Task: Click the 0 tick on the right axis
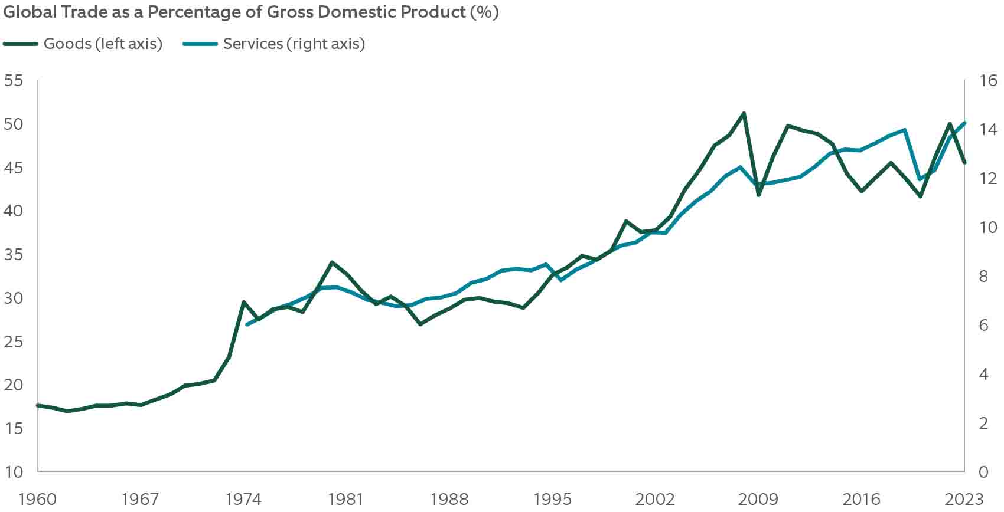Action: [x=983, y=471]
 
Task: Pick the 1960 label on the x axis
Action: [x=37, y=499]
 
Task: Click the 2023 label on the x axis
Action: [x=964, y=499]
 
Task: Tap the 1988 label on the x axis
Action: [x=449, y=499]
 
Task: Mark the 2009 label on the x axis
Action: [x=758, y=499]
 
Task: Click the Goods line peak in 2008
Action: [x=744, y=113]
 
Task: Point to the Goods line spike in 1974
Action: [x=243, y=302]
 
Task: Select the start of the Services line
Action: [x=246, y=324]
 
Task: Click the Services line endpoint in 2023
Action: [x=964, y=123]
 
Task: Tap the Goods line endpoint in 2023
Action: [x=964, y=162]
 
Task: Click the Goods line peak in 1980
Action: [x=332, y=262]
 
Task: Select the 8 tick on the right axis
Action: [x=983, y=276]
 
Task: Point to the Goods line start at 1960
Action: [x=38, y=405]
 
